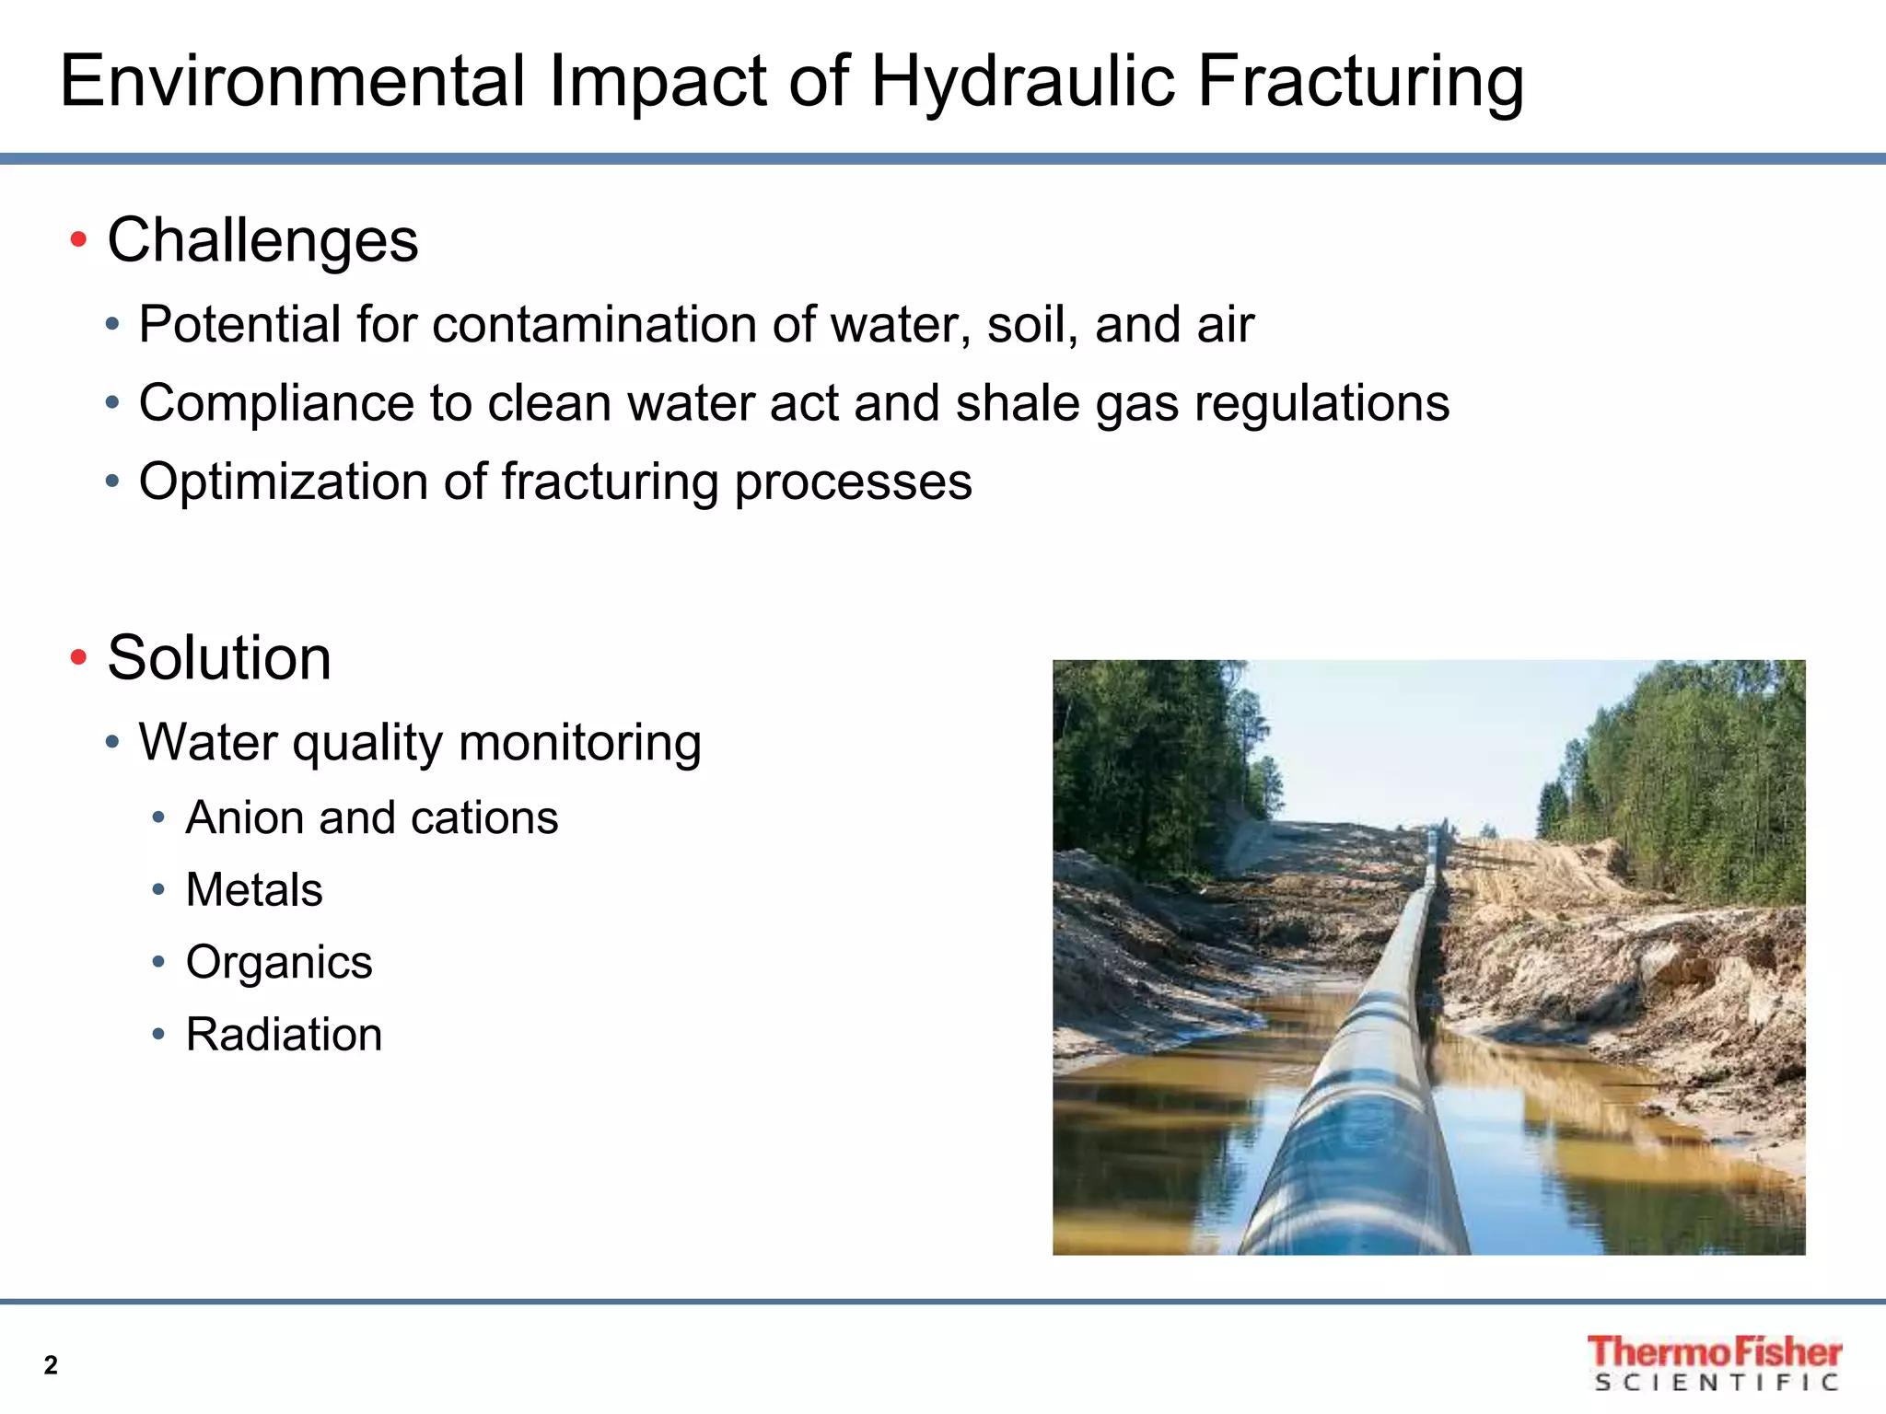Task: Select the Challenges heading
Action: click(x=262, y=240)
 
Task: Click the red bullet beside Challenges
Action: click(x=78, y=240)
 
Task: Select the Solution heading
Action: click(x=219, y=658)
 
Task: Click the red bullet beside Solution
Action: click(x=78, y=658)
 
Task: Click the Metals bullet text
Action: click(x=254, y=890)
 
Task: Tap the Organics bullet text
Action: click(x=279, y=962)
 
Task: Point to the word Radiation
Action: click(x=284, y=1035)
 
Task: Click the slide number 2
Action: click(x=51, y=1365)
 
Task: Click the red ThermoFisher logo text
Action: click(x=1714, y=1351)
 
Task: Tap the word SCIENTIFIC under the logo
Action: click(x=1716, y=1383)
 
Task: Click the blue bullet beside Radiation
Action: click(x=158, y=1035)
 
